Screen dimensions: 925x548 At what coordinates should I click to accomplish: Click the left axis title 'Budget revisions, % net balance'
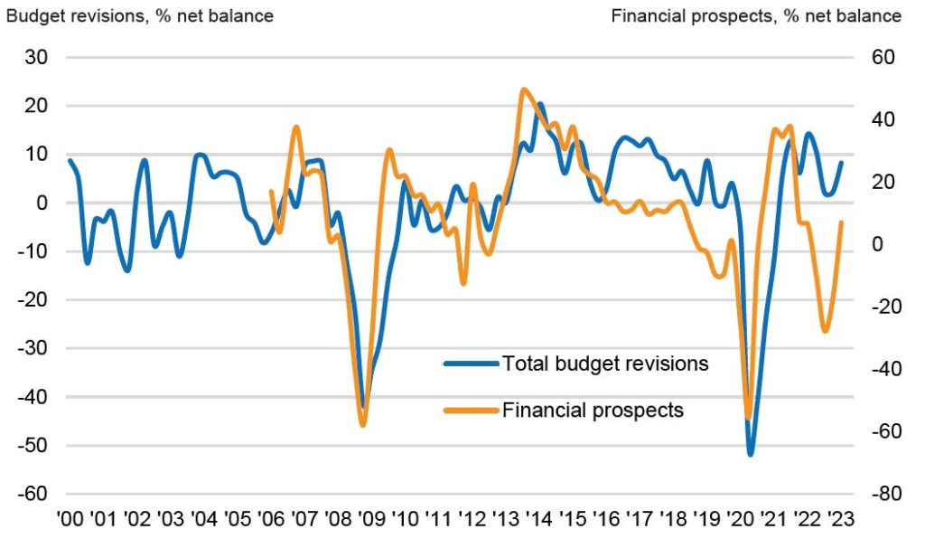[140, 16]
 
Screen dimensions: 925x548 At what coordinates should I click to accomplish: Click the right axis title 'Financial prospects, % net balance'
[756, 16]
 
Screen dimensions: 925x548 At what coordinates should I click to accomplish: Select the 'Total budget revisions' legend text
[605, 364]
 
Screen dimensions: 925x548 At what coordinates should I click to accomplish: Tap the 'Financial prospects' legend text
[593, 410]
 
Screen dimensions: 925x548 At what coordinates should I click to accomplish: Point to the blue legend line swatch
[472, 364]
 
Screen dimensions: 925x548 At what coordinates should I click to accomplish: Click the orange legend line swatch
[472, 411]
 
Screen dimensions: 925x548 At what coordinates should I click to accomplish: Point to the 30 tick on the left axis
[36, 57]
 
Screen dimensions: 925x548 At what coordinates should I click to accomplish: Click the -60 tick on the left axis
[33, 494]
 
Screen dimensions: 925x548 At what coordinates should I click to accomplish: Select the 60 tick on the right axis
[883, 57]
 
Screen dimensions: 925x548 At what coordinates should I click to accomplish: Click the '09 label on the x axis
[371, 519]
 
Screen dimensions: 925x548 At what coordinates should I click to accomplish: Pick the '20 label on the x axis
[741, 519]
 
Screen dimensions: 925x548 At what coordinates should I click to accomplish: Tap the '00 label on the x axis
[70, 519]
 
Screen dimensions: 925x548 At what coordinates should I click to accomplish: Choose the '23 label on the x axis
[841, 519]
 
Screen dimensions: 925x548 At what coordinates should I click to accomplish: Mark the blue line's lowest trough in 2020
[751, 454]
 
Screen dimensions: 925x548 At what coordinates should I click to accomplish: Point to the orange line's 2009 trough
[363, 424]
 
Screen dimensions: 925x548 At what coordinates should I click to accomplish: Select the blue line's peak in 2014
[539, 105]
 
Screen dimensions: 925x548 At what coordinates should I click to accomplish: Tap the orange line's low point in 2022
[825, 330]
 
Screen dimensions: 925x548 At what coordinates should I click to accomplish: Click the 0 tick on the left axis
[42, 203]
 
